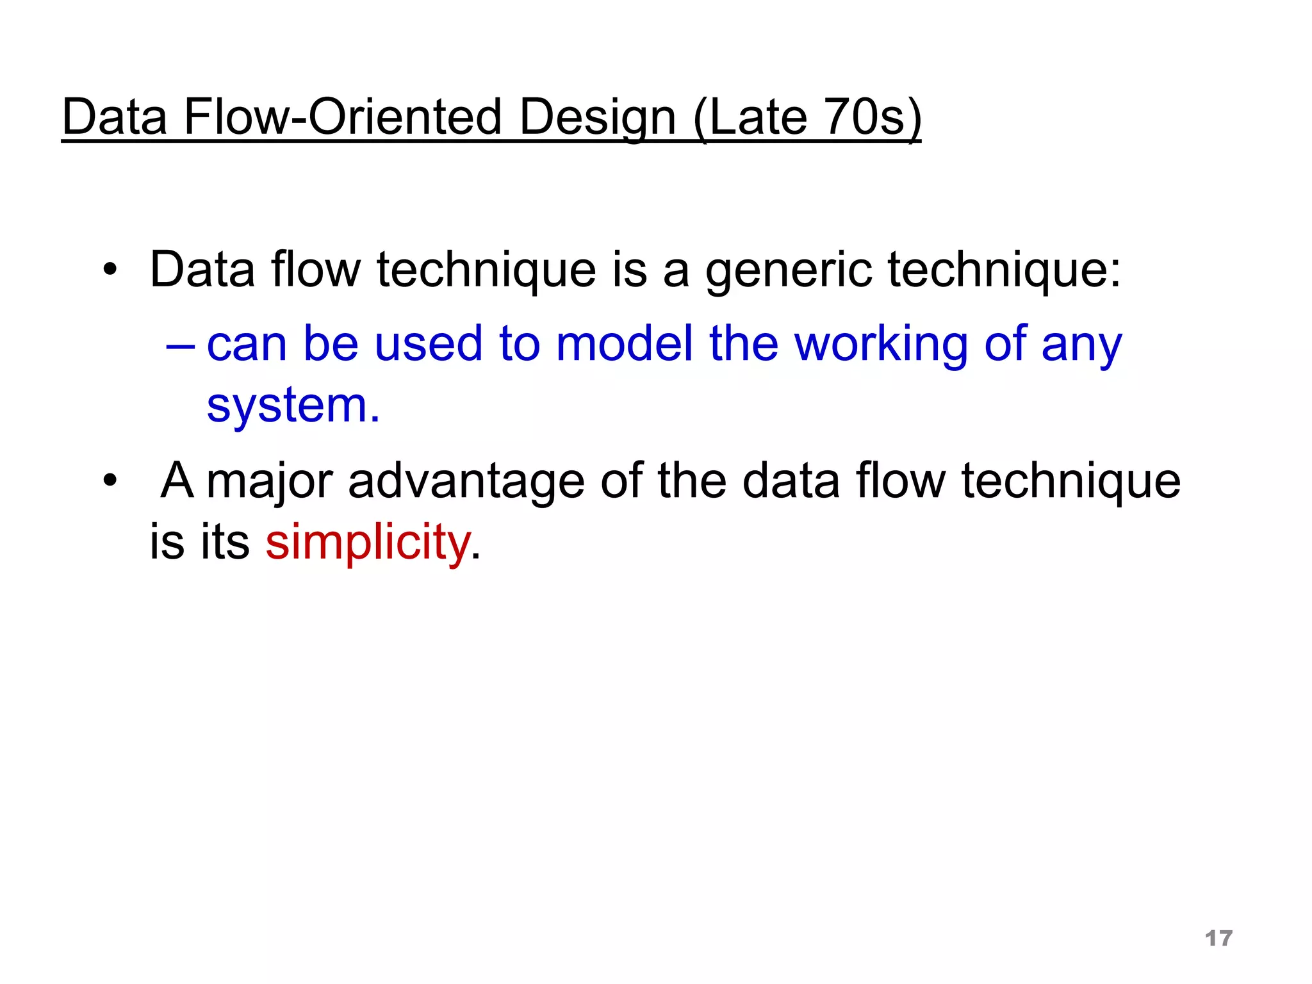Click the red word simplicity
click(x=368, y=542)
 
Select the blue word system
click(x=293, y=406)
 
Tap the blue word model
click(x=625, y=343)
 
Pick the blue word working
click(x=881, y=345)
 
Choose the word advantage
click(x=466, y=482)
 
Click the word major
click(x=270, y=482)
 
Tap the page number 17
click(x=1218, y=939)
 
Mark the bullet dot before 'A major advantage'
click(x=110, y=480)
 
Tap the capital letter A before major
click(x=177, y=480)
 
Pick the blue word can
click(x=247, y=345)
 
